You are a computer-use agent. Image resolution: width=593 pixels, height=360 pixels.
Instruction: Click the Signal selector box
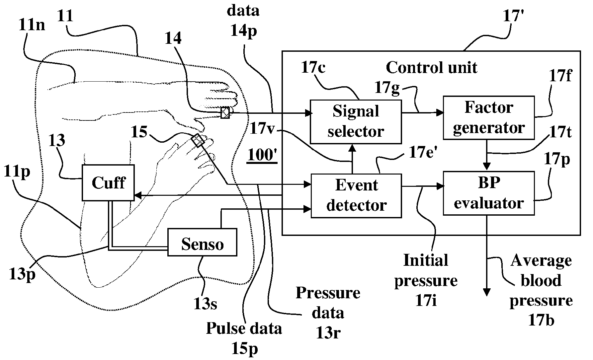tap(356, 122)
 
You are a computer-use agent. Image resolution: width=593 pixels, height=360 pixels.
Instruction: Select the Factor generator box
tap(489, 118)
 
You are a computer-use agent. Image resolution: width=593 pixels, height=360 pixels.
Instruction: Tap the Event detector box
tap(356, 196)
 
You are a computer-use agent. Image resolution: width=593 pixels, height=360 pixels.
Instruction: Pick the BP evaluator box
tap(489, 193)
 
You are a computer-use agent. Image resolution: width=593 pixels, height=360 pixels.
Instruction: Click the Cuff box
tap(108, 183)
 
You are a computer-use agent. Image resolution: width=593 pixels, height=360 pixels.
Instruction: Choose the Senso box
tap(202, 242)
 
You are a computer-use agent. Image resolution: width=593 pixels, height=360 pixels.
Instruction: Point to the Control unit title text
tap(431, 68)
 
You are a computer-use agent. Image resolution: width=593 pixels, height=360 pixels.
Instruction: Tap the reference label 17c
tap(313, 68)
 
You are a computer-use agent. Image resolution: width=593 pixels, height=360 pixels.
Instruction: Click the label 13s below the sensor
tap(206, 304)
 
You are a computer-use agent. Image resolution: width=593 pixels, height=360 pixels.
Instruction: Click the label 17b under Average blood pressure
tap(541, 321)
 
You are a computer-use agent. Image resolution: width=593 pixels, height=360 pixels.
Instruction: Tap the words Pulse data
tap(244, 328)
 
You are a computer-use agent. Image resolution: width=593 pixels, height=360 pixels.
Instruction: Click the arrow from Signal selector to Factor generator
tap(422, 113)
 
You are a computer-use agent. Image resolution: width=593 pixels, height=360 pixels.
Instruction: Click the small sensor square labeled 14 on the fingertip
tap(225, 112)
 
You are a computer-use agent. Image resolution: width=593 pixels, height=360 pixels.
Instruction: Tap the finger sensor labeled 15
tap(198, 140)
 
